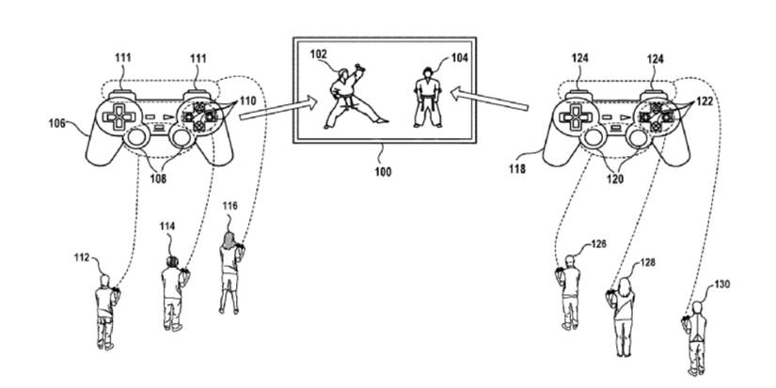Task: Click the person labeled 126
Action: [569, 287]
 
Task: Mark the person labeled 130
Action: [695, 332]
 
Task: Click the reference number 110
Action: [247, 99]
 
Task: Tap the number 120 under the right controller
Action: [617, 176]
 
